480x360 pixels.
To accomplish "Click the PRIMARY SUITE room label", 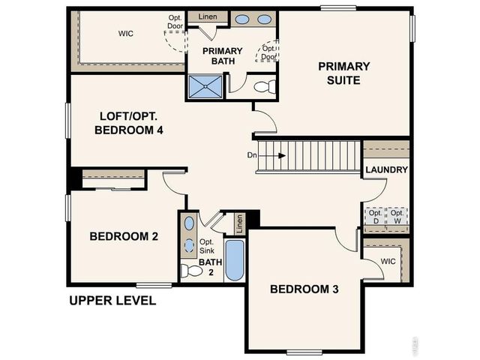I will [x=343, y=73].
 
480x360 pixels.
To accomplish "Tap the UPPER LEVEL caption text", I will [x=112, y=301].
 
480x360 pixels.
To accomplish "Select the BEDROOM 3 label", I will [x=299, y=289].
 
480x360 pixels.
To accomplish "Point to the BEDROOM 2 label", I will [x=124, y=237].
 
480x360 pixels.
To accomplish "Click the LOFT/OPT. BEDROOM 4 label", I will [x=129, y=123].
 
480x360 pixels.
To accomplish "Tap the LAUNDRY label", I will [x=386, y=170].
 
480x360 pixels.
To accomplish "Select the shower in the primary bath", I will [x=205, y=86].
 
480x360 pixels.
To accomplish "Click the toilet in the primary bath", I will [x=265, y=87].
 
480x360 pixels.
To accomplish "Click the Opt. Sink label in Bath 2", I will [x=207, y=246].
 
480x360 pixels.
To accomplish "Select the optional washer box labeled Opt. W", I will [x=397, y=217].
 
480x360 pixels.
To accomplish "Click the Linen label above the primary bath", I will [x=208, y=16].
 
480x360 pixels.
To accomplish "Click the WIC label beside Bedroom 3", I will [x=388, y=262].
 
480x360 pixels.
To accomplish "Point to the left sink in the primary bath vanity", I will [x=244, y=19].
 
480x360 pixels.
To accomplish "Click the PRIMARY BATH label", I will [x=222, y=57].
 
